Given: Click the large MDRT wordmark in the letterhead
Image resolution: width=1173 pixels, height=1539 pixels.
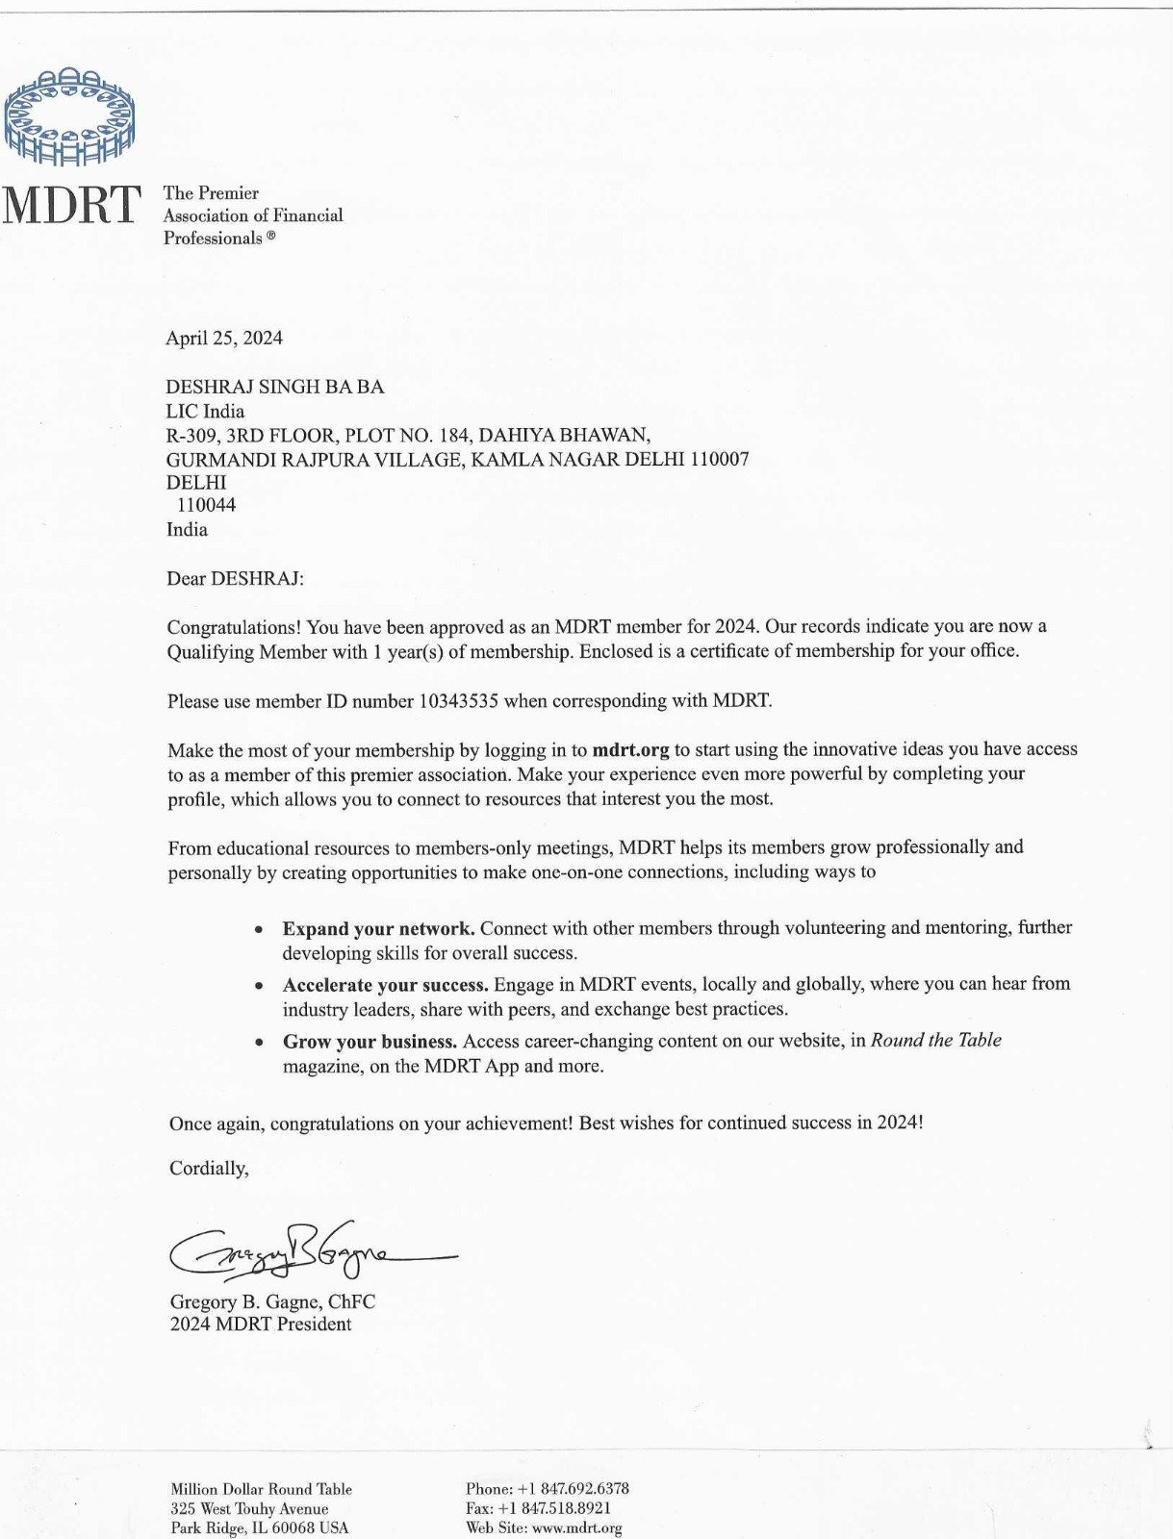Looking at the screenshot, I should [72, 205].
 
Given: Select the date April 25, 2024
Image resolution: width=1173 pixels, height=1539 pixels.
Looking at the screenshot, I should [224, 338].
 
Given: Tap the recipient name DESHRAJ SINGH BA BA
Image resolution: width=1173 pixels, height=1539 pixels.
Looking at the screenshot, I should [275, 387].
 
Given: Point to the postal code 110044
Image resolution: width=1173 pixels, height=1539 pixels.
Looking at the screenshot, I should [206, 505].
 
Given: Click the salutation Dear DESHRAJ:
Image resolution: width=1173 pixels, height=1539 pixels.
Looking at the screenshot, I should [236, 578].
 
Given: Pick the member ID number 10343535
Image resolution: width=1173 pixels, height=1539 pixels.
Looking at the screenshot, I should [458, 701].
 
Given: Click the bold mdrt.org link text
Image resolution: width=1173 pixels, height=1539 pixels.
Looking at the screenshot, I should [630, 749].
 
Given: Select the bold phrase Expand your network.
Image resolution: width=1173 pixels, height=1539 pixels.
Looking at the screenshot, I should [378, 928].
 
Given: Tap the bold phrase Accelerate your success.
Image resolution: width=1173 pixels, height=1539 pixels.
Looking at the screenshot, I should [386, 985].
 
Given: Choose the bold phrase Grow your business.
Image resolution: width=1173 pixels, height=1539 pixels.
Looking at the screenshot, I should [370, 1042].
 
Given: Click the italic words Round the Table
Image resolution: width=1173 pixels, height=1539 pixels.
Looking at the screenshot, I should [935, 1040].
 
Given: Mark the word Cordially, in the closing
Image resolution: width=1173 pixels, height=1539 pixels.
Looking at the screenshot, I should [209, 1169].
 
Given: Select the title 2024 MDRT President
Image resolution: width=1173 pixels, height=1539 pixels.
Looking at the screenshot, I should [261, 1325].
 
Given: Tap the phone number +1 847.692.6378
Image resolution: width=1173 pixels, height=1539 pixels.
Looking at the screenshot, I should [573, 1489].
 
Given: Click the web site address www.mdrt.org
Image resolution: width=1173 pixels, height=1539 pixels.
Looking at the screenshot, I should [577, 1527].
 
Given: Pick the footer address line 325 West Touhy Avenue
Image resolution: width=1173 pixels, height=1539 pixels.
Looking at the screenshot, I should [249, 1508].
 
